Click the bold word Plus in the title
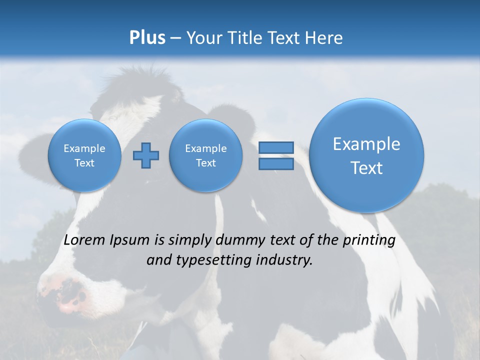point(147,38)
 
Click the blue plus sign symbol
point(146,155)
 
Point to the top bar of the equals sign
point(276,147)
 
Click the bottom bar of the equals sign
point(276,164)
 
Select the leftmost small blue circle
point(84,155)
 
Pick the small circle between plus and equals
point(205,155)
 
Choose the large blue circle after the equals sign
point(366,155)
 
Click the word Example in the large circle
point(366,144)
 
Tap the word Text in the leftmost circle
point(84,163)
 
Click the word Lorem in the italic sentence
point(84,240)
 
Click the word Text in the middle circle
point(205,163)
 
